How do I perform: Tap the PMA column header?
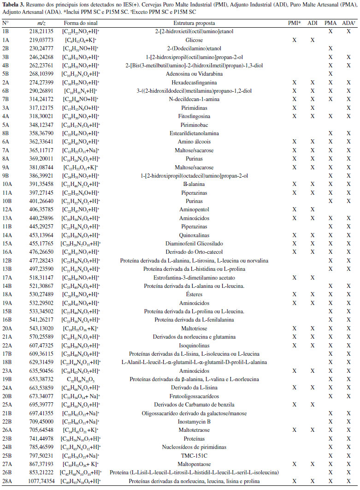tap(330, 23)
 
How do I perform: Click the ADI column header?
tap(313, 23)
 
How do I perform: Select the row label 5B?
tap(6, 73)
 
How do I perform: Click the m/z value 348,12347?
tap(35, 125)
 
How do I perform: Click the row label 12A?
tap(7, 209)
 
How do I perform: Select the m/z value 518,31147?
tap(35, 277)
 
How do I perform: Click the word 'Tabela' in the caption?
tap(10, 4)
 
